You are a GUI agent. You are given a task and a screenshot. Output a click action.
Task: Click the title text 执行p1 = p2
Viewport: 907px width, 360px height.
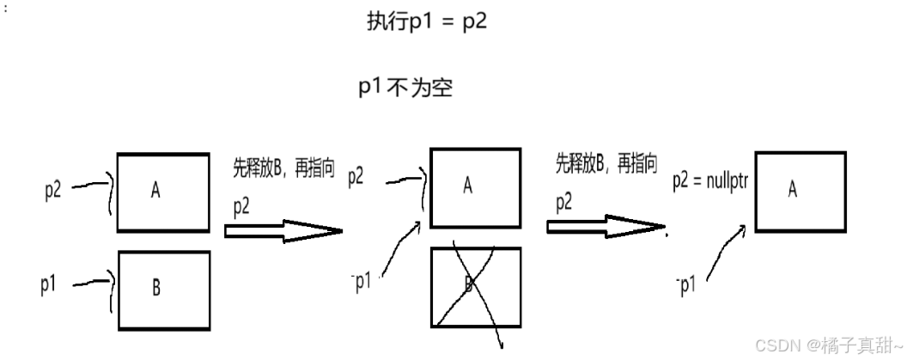[x=427, y=22]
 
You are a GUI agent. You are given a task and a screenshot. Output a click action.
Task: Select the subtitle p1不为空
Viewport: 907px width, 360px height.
[x=405, y=88]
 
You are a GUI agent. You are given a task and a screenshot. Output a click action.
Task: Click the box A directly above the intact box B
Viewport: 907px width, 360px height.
[x=163, y=192]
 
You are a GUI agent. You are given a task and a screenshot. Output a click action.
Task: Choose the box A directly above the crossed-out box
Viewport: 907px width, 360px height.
[x=474, y=186]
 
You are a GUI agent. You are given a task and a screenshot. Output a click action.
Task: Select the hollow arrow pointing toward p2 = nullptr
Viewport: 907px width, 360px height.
[x=606, y=227]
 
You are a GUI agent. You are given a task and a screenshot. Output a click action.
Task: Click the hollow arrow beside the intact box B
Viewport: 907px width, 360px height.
[x=283, y=230]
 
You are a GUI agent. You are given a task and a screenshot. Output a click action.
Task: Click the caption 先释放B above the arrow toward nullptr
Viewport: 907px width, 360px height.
[x=606, y=164]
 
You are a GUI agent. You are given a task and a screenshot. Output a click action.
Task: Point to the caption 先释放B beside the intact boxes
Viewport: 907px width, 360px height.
[x=283, y=167]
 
